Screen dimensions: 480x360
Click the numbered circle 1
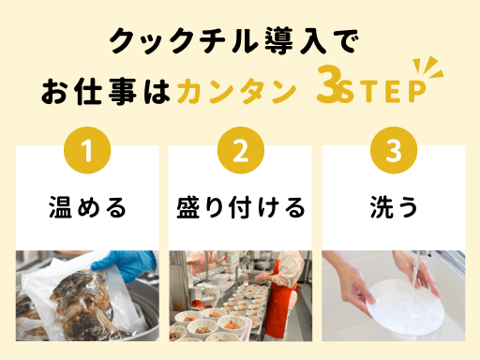click(87, 150)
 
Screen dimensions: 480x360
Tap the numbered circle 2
click(241, 150)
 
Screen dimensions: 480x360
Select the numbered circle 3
click(394, 150)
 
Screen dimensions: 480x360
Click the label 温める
click(87, 207)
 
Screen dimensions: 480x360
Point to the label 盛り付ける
click(241, 207)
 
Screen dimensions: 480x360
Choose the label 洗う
click(394, 207)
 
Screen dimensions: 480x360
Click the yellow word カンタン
click(237, 91)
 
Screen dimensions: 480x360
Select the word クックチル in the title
click(185, 40)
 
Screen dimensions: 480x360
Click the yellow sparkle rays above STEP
click(428, 67)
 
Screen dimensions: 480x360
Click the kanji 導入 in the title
click(295, 40)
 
